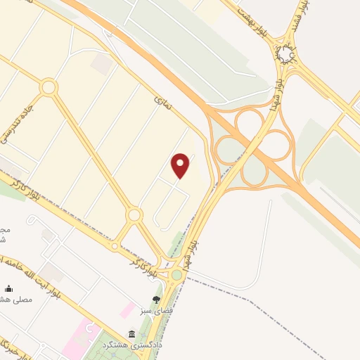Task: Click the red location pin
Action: tap(181, 165)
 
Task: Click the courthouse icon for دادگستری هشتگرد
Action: tap(132, 333)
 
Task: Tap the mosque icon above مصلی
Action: tap(8, 288)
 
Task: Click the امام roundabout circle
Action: tap(285, 53)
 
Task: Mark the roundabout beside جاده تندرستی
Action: tap(48, 87)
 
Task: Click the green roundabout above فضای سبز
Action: tap(175, 275)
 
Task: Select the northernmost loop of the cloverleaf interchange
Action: tap(250, 122)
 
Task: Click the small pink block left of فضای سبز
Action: tap(128, 309)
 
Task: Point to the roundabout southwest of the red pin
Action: tap(134, 214)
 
